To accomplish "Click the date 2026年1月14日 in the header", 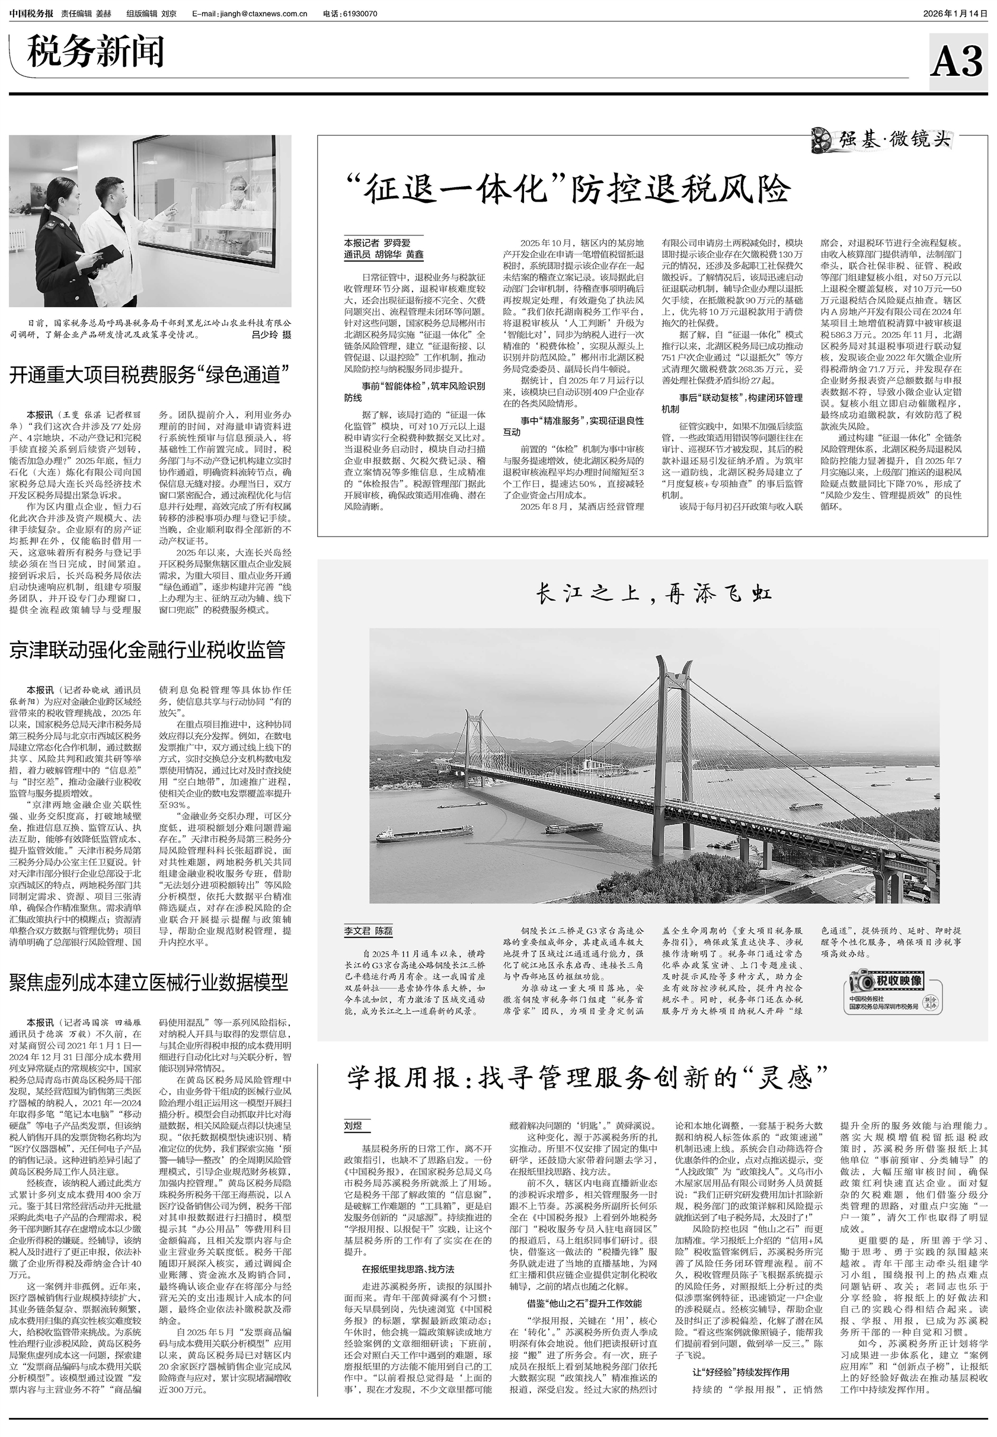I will click(x=955, y=14).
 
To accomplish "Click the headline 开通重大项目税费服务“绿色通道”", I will click(x=149, y=375).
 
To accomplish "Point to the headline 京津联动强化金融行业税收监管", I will click(x=147, y=650).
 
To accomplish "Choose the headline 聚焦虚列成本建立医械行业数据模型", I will click(x=148, y=983).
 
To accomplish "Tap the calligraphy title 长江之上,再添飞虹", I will click(x=653, y=594).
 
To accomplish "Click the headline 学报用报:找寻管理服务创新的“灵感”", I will click(x=587, y=1078).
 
